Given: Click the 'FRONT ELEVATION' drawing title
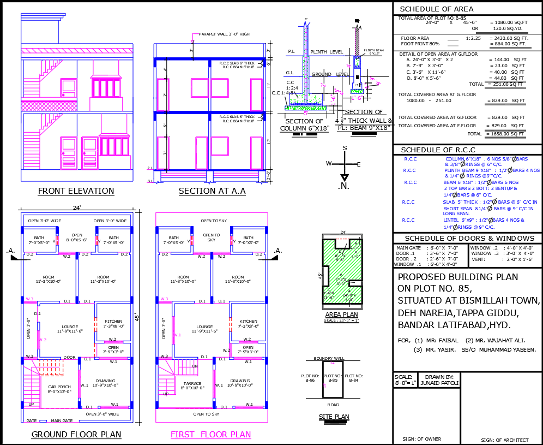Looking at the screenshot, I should coord(76,191).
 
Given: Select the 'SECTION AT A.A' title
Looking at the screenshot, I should coord(212,191).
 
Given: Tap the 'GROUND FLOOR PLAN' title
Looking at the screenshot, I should coord(76,435).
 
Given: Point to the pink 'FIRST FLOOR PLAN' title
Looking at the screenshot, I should coord(210,435).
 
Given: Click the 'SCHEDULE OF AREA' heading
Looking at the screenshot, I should coord(437,9).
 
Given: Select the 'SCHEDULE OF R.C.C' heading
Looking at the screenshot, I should coord(438,150).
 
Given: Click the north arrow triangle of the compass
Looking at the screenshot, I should coord(345,177).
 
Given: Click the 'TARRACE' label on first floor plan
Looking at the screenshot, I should coord(192,385).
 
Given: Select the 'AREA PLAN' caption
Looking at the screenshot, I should coord(341,315).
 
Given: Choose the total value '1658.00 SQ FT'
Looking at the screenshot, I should coord(508,134).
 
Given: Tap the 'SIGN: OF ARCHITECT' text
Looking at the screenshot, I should coord(504,440).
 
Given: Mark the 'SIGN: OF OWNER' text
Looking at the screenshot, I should coord(422,438).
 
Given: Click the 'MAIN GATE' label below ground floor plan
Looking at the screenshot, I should coord(61,421).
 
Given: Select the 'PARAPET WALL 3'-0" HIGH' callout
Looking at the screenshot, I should coord(224,34).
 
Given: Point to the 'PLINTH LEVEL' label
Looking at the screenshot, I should coord(327,52).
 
